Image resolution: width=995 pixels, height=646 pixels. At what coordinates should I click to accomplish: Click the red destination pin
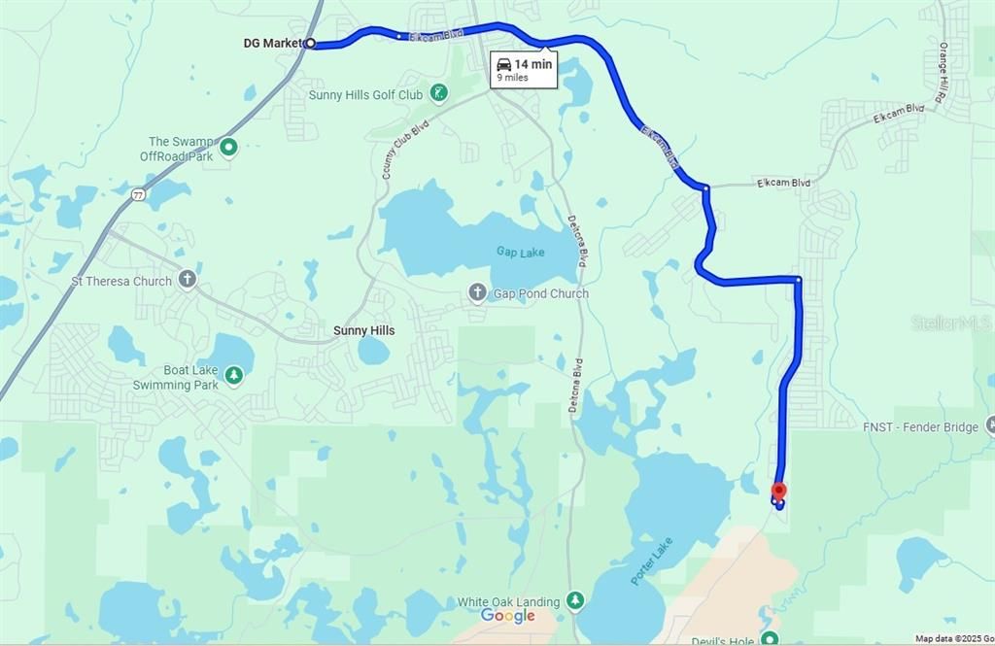tap(778, 492)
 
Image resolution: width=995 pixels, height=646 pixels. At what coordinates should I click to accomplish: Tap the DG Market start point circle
tap(310, 43)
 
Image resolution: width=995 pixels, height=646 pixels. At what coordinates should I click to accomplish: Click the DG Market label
tap(272, 43)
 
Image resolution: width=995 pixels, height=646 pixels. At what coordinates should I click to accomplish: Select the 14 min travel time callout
tap(524, 70)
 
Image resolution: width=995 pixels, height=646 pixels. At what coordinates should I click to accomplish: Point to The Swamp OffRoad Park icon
tap(228, 148)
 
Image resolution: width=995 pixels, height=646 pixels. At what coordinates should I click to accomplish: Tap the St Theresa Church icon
tap(188, 281)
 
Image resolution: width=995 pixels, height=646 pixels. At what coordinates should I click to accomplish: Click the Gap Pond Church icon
tap(477, 293)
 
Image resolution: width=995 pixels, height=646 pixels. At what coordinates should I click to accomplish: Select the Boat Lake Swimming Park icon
tap(233, 375)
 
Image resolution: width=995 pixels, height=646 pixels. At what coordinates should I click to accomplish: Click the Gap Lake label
tap(521, 253)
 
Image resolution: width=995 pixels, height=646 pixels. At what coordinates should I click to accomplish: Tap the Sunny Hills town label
tap(363, 330)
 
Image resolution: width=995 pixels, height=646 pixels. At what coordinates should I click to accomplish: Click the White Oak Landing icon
tap(575, 602)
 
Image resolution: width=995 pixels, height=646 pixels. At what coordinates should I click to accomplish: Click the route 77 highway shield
tap(140, 194)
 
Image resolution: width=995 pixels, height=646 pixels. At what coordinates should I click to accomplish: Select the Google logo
tap(507, 616)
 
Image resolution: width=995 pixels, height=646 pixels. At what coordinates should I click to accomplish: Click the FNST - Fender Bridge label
tap(920, 426)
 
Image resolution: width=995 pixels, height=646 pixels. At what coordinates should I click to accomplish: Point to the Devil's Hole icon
tap(770, 638)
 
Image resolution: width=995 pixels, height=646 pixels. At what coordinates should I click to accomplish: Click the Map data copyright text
tap(953, 638)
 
